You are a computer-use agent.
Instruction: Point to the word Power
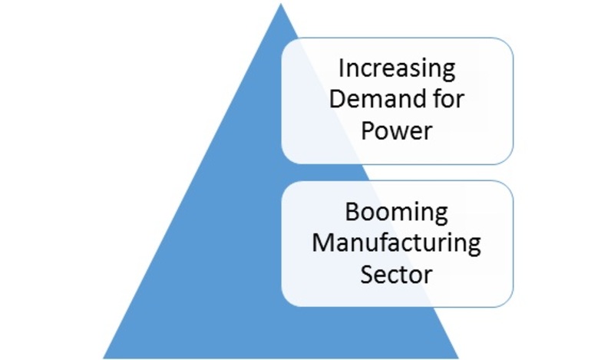pos(397,130)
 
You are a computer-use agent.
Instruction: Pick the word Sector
pos(396,274)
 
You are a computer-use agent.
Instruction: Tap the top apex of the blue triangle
pos(280,4)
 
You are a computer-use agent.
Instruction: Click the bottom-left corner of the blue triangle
pos(103,358)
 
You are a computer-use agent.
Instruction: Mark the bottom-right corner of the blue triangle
pos(458,358)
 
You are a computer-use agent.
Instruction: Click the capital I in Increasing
pos(342,68)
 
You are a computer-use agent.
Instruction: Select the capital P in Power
pos(368,130)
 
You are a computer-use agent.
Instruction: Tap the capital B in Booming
pos(352,212)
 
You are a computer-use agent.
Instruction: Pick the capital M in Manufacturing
pos(322,243)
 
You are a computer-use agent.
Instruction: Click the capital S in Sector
pos(368,274)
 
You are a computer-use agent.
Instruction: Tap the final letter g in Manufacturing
pos(474,247)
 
